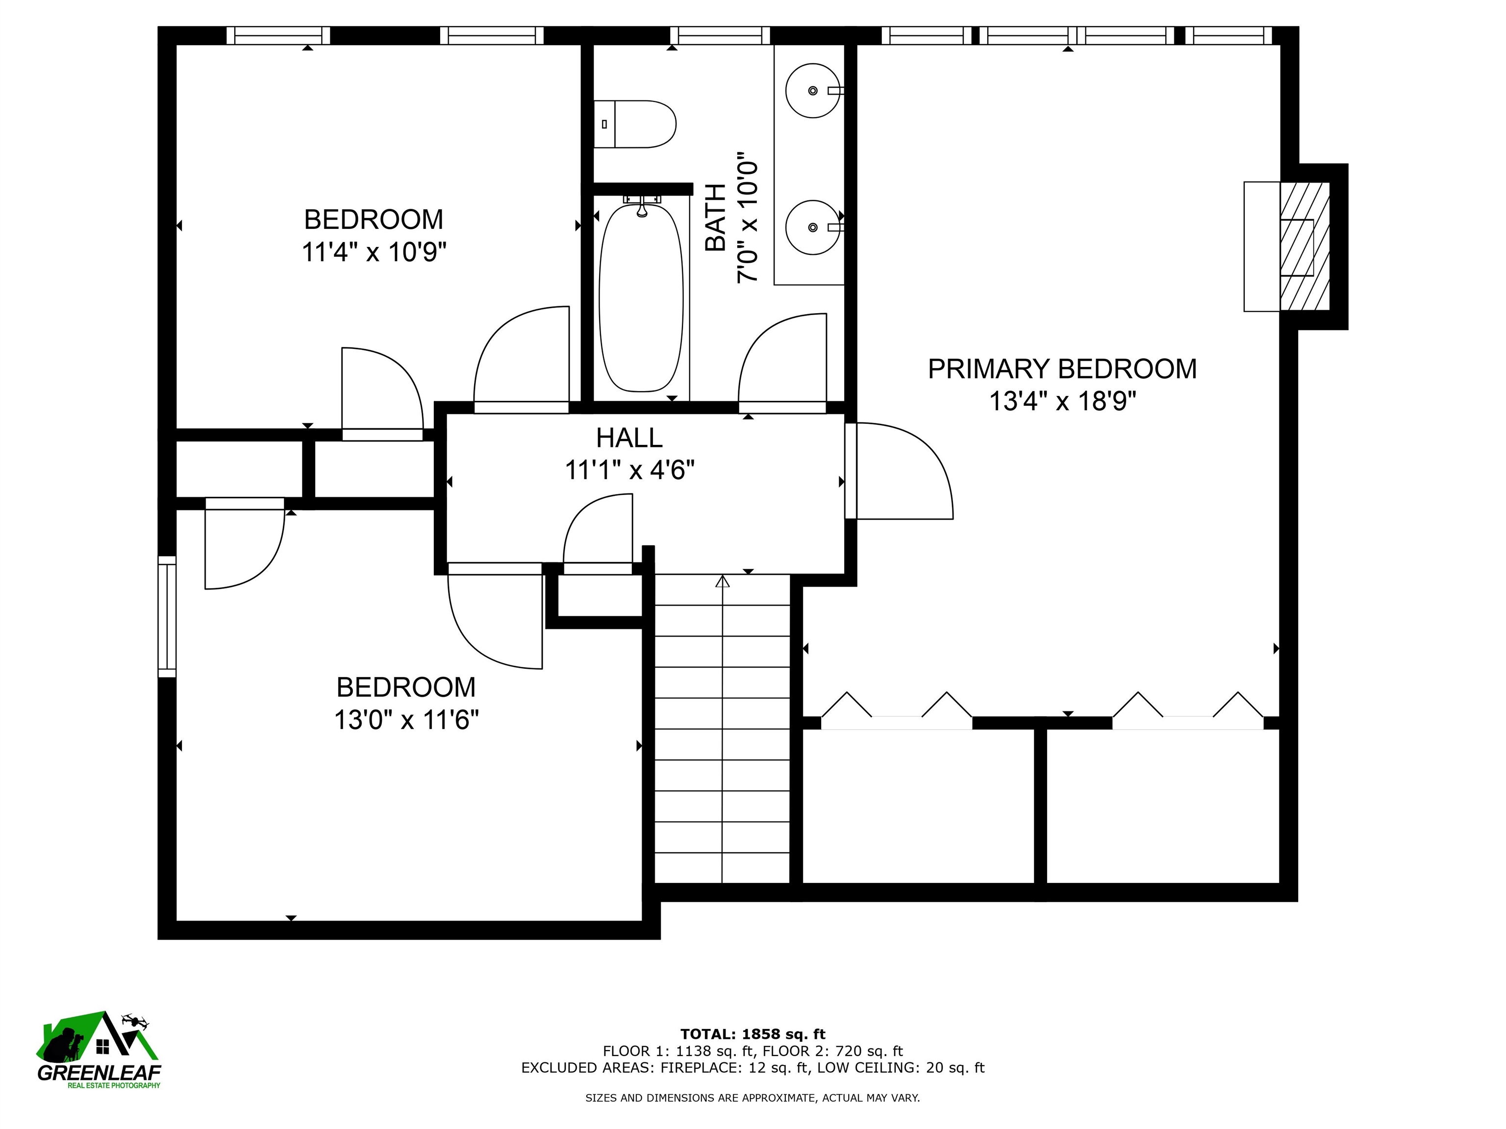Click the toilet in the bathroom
coord(634,124)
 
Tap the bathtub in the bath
coord(641,297)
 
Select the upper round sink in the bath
coord(813,91)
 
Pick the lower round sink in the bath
coord(813,226)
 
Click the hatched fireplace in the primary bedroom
coord(1305,246)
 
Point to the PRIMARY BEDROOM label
coord(1062,369)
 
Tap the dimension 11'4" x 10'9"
coord(374,252)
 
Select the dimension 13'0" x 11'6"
coord(406,720)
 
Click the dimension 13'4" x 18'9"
coord(1063,401)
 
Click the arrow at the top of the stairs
coord(723,581)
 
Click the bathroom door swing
coord(783,361)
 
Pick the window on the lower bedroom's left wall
coord(167,616)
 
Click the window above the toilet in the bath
coord(720,35)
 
